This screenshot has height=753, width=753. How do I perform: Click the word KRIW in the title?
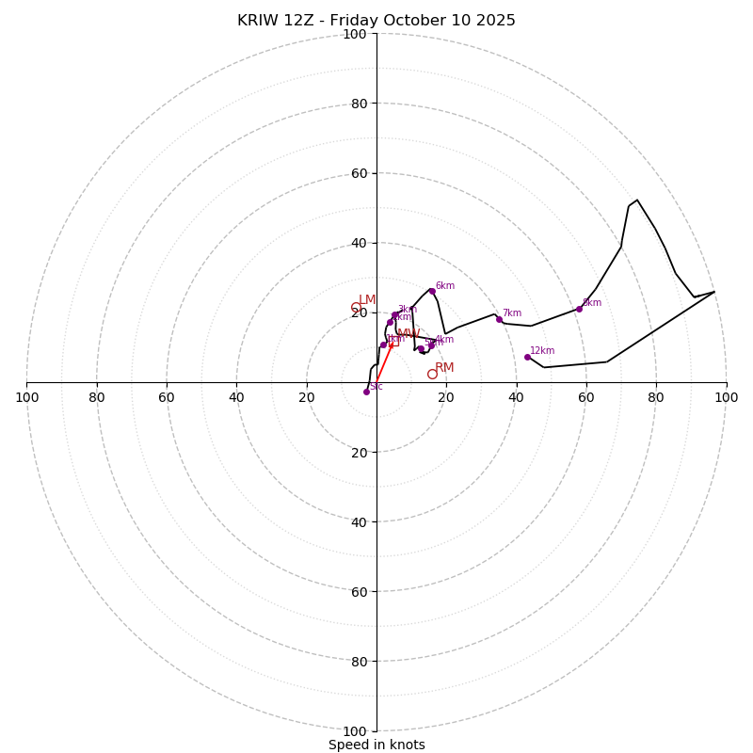256,21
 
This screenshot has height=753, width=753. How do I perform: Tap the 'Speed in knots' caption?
376,745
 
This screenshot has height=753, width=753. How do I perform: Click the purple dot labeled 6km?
432,291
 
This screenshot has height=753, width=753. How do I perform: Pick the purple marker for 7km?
499,319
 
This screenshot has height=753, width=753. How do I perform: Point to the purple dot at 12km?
527,357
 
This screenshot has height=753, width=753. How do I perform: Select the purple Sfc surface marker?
366,392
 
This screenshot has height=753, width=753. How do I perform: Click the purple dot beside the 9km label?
579,309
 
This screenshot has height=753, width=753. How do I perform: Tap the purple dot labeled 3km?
394,314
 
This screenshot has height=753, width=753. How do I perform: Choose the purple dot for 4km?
432,344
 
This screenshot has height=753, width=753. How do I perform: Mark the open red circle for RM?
432,374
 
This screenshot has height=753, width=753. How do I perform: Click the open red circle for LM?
356,308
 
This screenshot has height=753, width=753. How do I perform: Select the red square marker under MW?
393,341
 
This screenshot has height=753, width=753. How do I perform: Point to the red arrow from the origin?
384,362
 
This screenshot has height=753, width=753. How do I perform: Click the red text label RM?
444,368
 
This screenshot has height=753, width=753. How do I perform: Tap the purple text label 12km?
542,351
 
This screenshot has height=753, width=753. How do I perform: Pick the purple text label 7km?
511,313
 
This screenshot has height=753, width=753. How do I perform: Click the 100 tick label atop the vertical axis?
355,34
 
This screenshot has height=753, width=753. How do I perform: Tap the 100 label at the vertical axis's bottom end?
355,731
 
